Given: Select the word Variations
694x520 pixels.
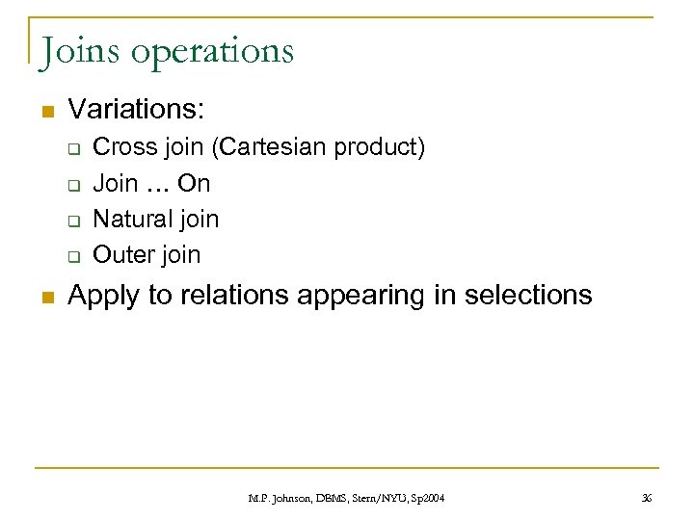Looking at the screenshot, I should (x=135, y=111).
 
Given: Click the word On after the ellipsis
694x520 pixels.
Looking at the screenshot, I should (x=194, y=183).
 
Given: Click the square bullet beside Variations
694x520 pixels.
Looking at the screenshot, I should (x=45, y=112).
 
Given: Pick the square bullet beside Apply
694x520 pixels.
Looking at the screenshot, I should (x=45, y=296).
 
